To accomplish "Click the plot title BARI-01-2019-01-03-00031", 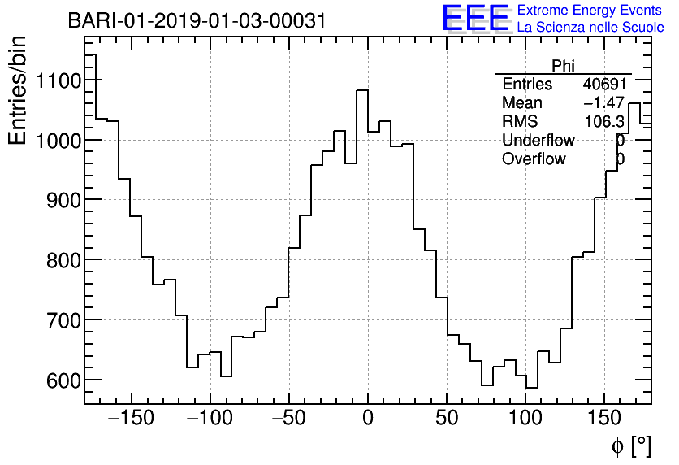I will point(197,21).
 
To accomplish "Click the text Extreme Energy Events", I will point(590,11).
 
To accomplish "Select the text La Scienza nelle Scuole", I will point(590,28).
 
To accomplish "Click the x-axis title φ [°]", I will point(631,445).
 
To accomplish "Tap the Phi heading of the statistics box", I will point(563,66).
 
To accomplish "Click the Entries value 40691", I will point(603,85).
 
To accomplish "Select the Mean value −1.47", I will point(603,103).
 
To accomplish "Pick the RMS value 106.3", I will point(605,122).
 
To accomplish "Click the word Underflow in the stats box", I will point(538,141).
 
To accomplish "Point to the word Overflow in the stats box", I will point(534,159).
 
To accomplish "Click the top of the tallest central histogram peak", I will point(362,90).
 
